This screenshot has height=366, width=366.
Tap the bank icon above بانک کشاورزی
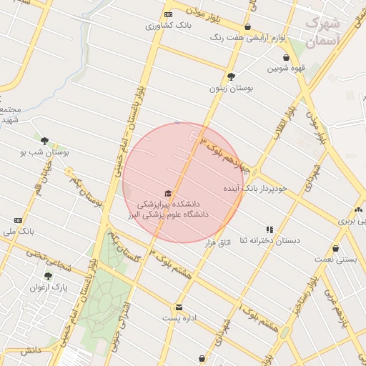point(168,14)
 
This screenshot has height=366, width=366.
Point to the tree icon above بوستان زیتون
point(231,76)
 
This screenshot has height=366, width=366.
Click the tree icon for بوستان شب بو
point(45,141)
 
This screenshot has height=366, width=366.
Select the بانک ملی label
point(19,232)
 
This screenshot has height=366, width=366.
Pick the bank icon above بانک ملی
point(18,220)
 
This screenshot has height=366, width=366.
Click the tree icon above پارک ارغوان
point(48,276)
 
